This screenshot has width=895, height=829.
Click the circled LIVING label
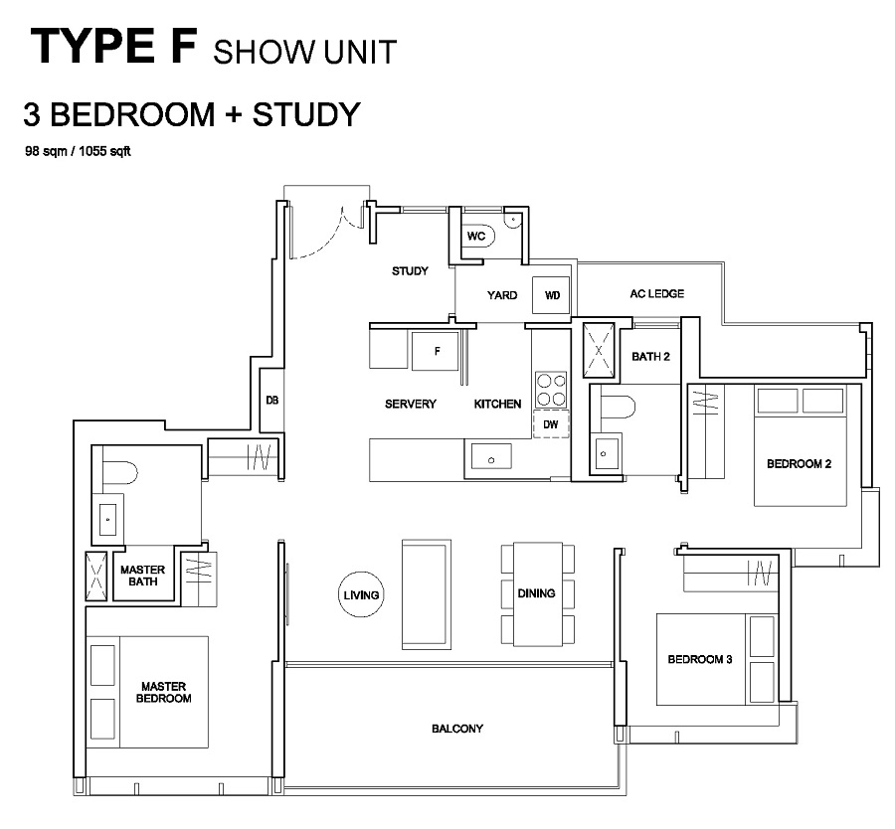coord(361,595)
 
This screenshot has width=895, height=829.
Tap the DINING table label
coord(537,593)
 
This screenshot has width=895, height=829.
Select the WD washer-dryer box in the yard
coord(551,295)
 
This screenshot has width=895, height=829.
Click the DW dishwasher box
coord(551,423)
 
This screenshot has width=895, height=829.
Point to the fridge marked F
coord(435,350)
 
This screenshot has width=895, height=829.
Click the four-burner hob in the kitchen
coord(551,390)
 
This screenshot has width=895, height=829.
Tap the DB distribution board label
coord(272,400)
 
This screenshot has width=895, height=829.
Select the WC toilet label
coord(476,236)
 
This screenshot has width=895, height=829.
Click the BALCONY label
coord(457,729)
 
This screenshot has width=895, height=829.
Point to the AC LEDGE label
coord(657,293)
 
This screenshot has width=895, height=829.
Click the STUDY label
coord(410,271)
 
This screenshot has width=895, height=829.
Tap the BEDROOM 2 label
coord(800,464)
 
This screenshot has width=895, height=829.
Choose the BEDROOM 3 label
coord(700,660)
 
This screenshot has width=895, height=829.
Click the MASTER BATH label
coord(142,576)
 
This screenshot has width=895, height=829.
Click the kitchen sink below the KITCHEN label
coord(491,456)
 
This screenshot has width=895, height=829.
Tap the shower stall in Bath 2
coord(599,350)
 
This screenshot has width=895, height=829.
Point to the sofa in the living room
coord(427,594)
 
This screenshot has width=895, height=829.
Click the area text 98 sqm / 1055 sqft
coord(78,151)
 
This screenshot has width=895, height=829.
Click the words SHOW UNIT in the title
coord(305,52)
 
